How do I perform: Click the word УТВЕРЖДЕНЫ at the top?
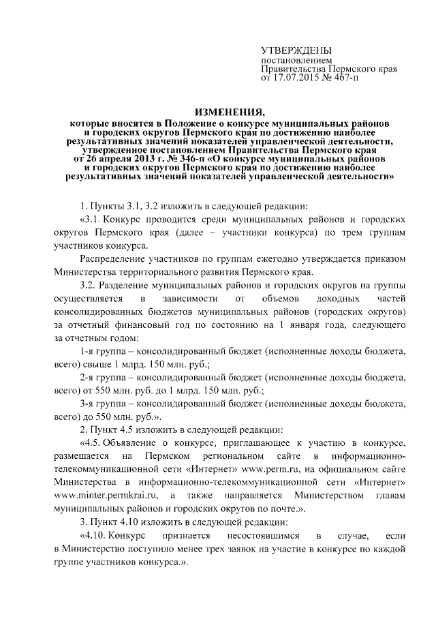pos(297,51)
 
